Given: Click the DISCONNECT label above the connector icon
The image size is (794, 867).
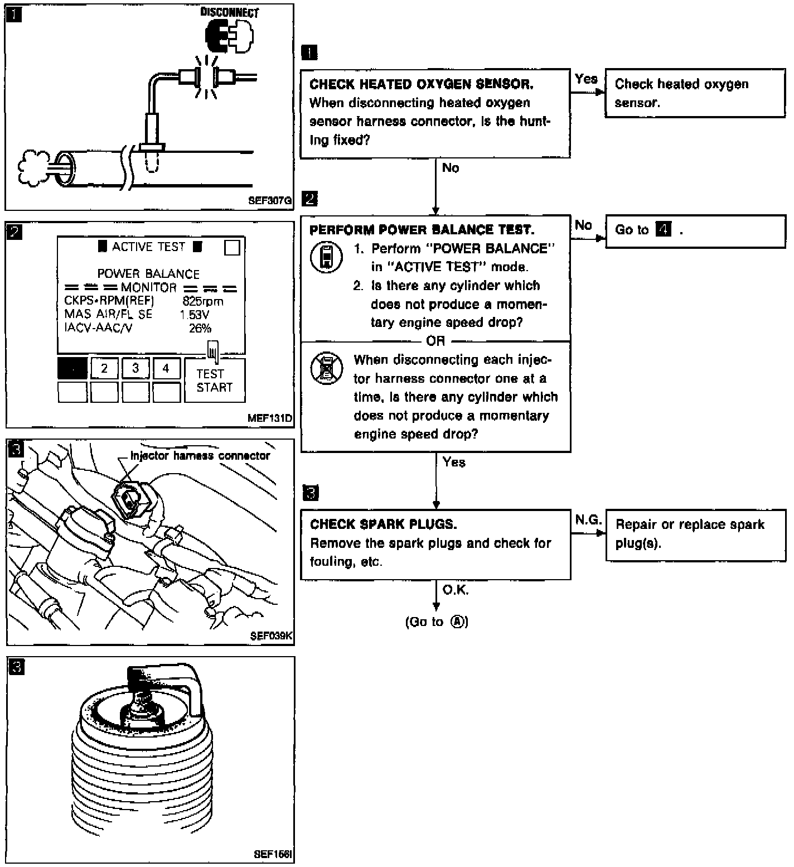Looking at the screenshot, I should coord(230,13).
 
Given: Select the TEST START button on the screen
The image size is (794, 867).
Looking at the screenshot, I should coord(214,380).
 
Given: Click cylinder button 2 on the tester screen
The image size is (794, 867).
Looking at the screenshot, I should coord(104,369).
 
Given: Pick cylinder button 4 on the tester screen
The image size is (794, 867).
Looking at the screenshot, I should coord(166,369).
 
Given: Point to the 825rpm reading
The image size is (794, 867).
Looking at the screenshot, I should coord(202,302).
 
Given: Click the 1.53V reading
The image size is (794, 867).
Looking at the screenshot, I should coord(194,315).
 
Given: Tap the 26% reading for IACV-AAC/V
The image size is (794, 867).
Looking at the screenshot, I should coord(200,329).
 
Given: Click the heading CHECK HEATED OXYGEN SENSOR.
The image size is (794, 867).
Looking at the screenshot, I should coord(421,84).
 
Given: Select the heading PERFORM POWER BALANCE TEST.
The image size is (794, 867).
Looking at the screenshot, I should coord(422,230).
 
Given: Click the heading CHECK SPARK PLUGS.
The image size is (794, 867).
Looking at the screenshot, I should coord(384,524).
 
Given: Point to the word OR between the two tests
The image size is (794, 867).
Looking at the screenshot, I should coord(435,341).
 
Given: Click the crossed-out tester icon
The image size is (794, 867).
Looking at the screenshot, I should coord(326,368).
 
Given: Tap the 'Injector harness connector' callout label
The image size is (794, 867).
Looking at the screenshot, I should coord(200,456).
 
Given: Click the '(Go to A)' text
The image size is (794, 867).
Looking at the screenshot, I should coord(437,622).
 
